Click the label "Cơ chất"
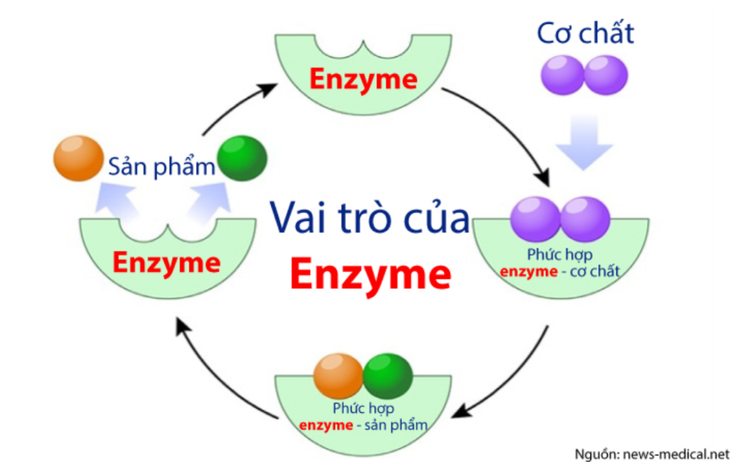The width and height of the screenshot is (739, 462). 585,33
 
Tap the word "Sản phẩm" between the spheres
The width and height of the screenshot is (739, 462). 161,166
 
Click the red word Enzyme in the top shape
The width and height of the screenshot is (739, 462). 364,79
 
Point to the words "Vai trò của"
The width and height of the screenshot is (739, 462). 370,218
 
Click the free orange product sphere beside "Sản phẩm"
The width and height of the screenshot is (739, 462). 78,158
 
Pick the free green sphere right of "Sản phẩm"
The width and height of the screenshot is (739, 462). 242,158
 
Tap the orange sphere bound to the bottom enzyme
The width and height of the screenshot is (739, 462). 338,376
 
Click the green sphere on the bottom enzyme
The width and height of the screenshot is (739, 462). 388,376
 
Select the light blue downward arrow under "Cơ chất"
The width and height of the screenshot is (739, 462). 584,141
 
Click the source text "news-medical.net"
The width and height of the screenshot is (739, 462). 675,455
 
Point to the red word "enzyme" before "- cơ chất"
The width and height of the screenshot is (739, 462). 528,272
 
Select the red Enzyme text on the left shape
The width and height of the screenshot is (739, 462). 167,262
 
